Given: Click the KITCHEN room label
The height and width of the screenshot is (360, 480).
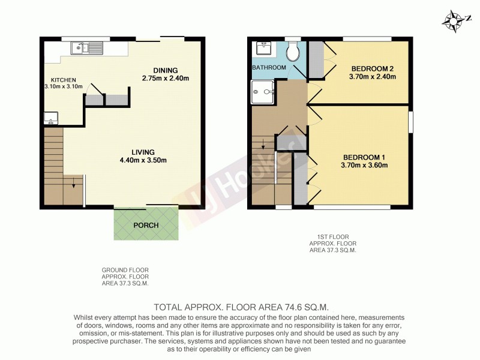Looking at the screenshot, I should pos(63,79).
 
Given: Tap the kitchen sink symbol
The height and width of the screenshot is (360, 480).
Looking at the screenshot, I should pos(87,47).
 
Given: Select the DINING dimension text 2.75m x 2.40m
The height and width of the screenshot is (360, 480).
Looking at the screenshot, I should pos(166,78).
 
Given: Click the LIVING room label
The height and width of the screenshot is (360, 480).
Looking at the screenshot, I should pos(144,152).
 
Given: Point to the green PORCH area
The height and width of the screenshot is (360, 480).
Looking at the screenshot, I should pos(146,225).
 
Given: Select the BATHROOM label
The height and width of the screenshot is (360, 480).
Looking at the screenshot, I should pos(269,67).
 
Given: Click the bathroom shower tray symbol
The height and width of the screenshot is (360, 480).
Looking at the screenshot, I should pos(261,92).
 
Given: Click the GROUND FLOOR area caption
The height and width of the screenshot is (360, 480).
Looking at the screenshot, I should pos(125,277).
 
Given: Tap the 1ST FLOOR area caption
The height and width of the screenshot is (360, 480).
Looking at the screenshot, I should pos(332,244).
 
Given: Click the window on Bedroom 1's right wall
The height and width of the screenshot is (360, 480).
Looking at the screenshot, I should pos(410,121).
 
